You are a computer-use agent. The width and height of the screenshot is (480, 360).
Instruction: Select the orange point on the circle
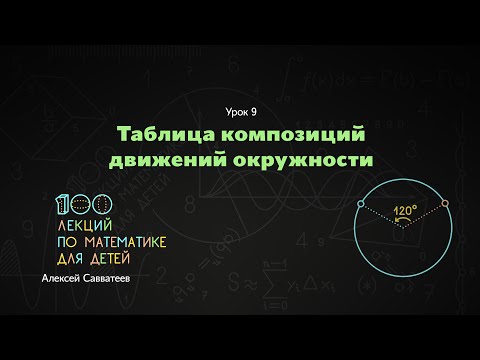coord(445,203)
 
